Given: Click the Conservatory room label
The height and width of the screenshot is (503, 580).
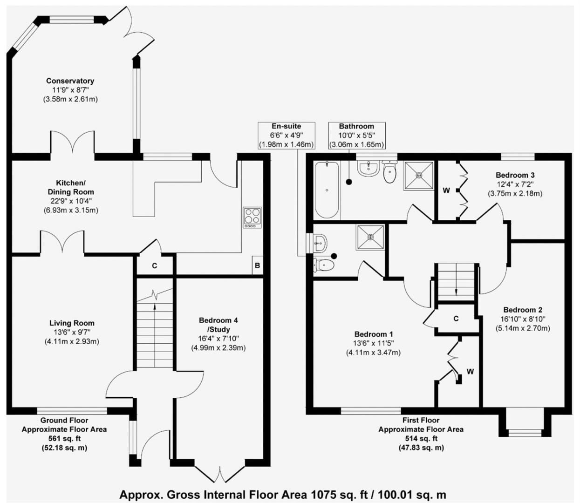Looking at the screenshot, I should point(70,81).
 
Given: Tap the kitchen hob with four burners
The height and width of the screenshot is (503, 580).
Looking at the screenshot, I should point(252,218).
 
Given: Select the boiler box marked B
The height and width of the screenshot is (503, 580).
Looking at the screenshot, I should point(257,266).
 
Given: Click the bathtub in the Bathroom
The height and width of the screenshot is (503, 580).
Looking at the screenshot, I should point(327,190).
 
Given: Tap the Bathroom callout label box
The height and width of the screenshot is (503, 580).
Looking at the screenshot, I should point(356,135).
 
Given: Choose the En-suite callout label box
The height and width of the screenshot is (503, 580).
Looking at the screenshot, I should point(286,135).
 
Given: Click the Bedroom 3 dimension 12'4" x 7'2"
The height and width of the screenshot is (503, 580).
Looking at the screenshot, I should point(515,184).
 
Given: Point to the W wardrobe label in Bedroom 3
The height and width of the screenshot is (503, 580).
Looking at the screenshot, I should point(446,190).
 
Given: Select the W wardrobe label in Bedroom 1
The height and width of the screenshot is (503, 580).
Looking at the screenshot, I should point(470,371).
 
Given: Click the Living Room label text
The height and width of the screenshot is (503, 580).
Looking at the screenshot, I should point(72,323).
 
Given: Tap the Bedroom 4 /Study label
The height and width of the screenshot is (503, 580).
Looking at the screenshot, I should point(218,325).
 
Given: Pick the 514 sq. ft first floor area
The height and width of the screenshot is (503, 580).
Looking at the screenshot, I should point(421,439).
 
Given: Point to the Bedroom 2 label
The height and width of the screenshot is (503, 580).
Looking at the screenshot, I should point(523,310).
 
